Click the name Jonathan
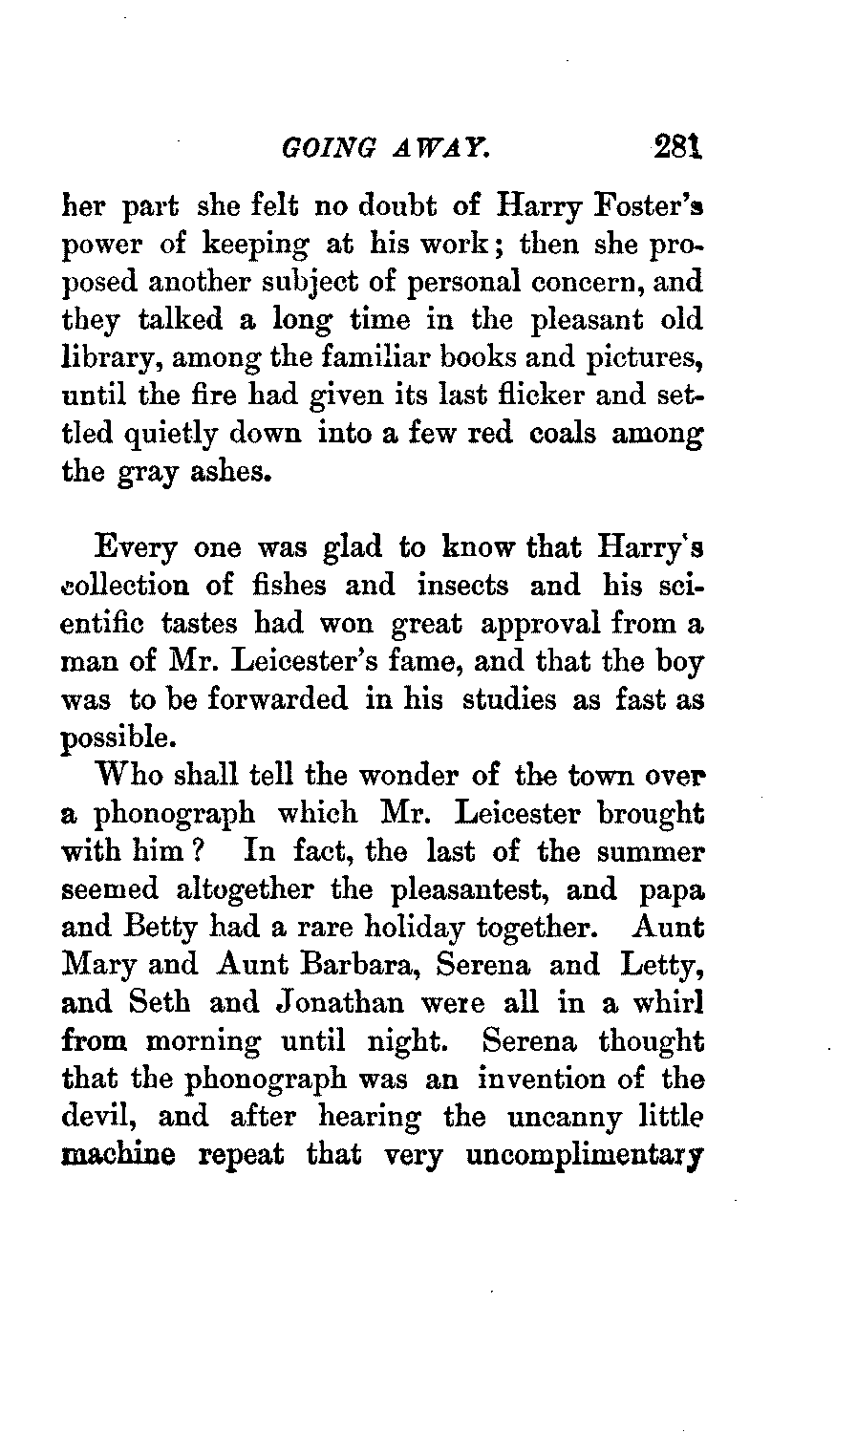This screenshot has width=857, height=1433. [x=341, y=1003]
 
